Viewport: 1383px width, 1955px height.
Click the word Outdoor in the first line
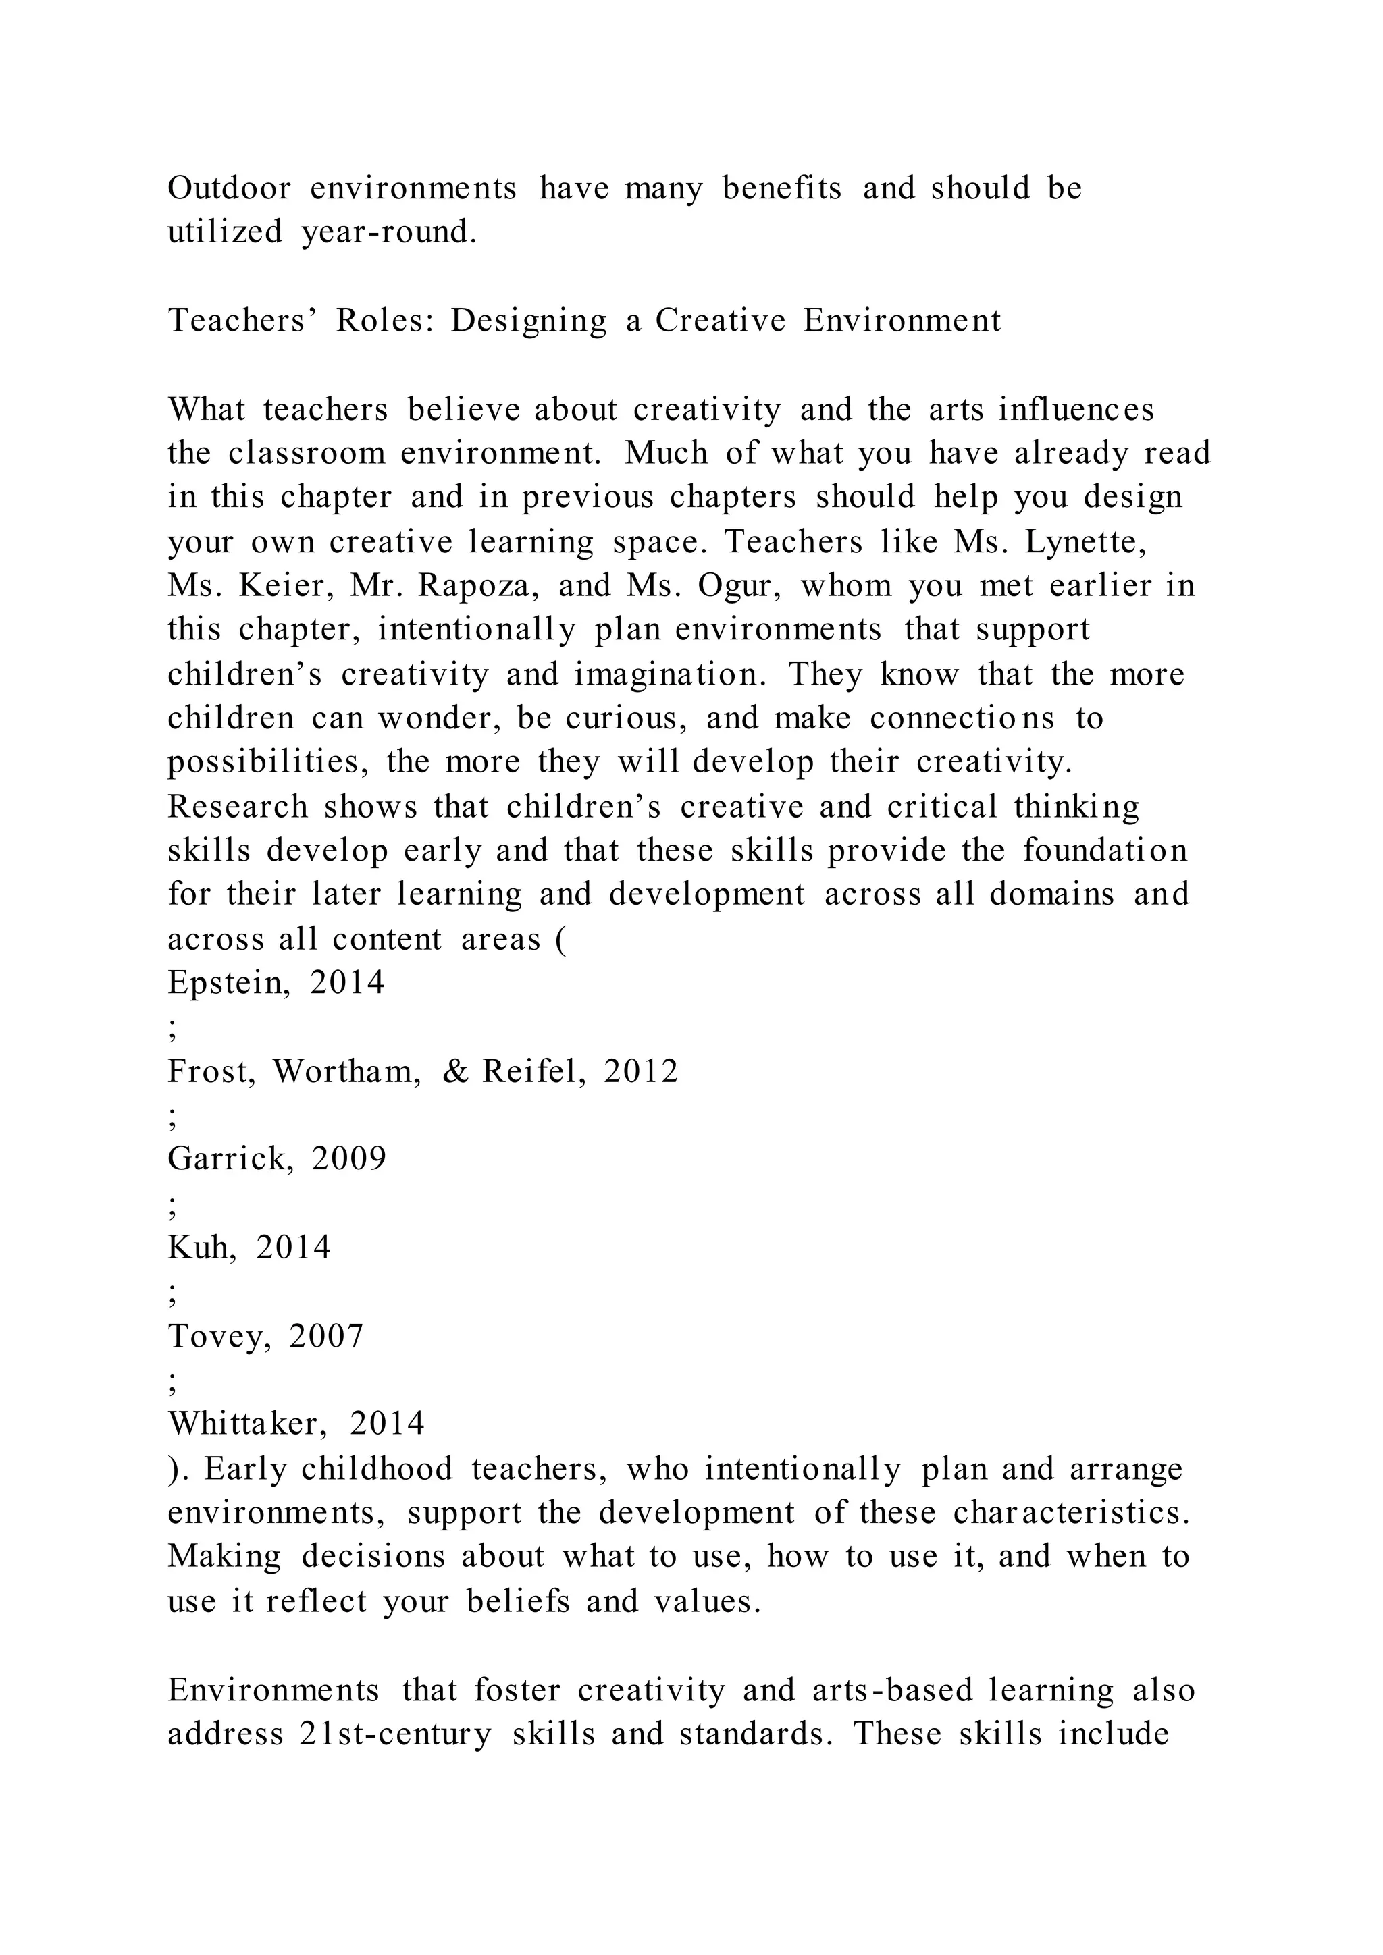pyautogui.click(x=229, y=188)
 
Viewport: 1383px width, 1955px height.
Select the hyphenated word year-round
pyautogui.click(x=389, y=232)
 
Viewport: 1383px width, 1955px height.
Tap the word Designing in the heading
pyautogui.click(x=528, y=321)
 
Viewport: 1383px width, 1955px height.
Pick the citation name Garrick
pyautogui.click(x=231, y=1159)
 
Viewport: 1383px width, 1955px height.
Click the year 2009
pyautogui.click(x=349, y=1159)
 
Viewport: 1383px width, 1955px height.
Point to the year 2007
pyautogui.click(x=326, y=1337)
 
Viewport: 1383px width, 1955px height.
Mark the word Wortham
pyautogui.click(x=346, y=1072)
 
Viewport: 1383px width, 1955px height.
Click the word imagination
pyautogui.click(x=671, y=675)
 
